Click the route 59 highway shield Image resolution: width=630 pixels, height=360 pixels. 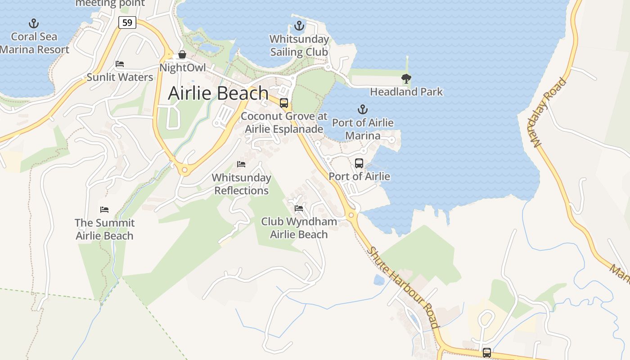coord(128,22)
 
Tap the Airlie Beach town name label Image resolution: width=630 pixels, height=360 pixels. coord(218,93)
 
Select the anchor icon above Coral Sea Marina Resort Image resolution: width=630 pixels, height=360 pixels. coord(33,23)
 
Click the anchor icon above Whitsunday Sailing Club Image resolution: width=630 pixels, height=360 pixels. coord(299,26)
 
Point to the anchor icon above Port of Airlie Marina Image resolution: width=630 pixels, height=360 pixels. coord(362,109)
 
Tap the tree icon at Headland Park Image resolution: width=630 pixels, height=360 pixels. coord(406,79)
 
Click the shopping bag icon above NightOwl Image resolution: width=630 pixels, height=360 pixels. coord(182,55)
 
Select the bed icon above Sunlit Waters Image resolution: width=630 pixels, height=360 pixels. coord(120,64)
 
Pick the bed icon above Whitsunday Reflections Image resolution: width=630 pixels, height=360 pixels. coord(241,164)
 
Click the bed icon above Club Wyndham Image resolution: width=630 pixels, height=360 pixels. coord(299,208)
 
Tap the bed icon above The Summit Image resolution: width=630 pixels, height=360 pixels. coord(104,210)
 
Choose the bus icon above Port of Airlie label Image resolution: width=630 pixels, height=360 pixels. coord(359,163)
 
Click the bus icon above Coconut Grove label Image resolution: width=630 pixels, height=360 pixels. coord(284,103)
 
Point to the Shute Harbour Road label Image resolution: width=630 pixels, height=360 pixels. coord(403,287)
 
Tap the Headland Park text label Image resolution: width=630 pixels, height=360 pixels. coord(406,92)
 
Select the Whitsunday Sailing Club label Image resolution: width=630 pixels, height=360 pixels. coord(299,45)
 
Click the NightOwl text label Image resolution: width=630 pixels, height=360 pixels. coord(183,68)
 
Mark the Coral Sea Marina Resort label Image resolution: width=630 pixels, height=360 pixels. coord(34,43)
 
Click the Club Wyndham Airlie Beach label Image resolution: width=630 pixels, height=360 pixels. coord(299,228)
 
